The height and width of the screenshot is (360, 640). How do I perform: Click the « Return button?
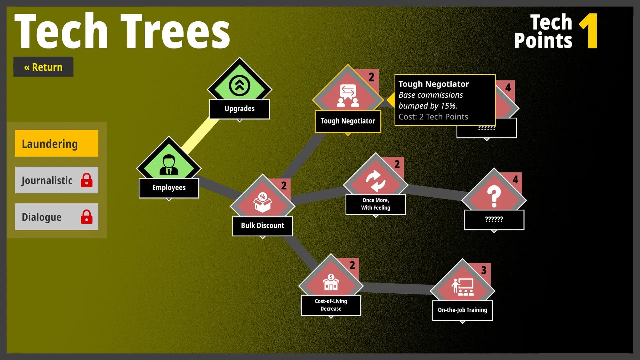43,67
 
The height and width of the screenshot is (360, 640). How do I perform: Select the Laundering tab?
57,143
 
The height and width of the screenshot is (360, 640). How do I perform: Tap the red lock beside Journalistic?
87,180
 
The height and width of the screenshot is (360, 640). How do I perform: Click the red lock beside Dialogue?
87,217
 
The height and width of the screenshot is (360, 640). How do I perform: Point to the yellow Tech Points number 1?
589,31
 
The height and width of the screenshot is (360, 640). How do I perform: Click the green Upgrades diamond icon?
240,85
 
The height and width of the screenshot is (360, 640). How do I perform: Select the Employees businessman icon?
169,165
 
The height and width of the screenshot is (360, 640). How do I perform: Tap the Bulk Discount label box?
263,226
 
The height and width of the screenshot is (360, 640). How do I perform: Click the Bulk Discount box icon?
263,203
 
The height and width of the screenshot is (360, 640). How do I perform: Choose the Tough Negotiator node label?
348,121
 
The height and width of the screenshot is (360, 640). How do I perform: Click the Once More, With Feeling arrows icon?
376,181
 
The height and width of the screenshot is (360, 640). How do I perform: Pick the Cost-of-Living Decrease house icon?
331,282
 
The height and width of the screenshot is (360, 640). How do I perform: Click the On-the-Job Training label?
463,310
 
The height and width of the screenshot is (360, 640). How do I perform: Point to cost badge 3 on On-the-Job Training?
484,270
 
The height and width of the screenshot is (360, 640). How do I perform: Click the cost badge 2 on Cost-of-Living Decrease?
352,265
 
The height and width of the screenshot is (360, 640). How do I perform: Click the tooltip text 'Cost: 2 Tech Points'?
433,117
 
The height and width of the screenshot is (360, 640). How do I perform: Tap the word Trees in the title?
175,32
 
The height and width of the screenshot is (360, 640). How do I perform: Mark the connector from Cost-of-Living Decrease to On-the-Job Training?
397,288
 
